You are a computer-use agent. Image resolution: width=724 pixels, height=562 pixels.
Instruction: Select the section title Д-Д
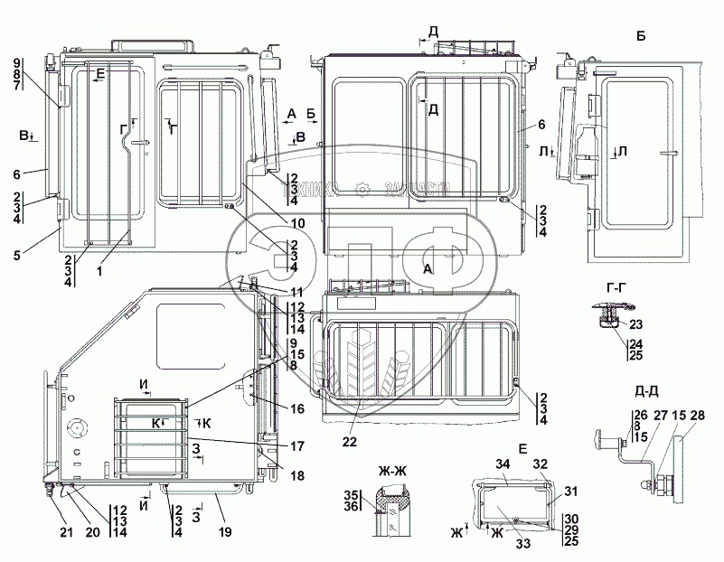point(646,392)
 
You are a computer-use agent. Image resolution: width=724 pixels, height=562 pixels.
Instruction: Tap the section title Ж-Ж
point(396,469)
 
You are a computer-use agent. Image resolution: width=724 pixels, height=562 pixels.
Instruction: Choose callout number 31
point(570,492)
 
